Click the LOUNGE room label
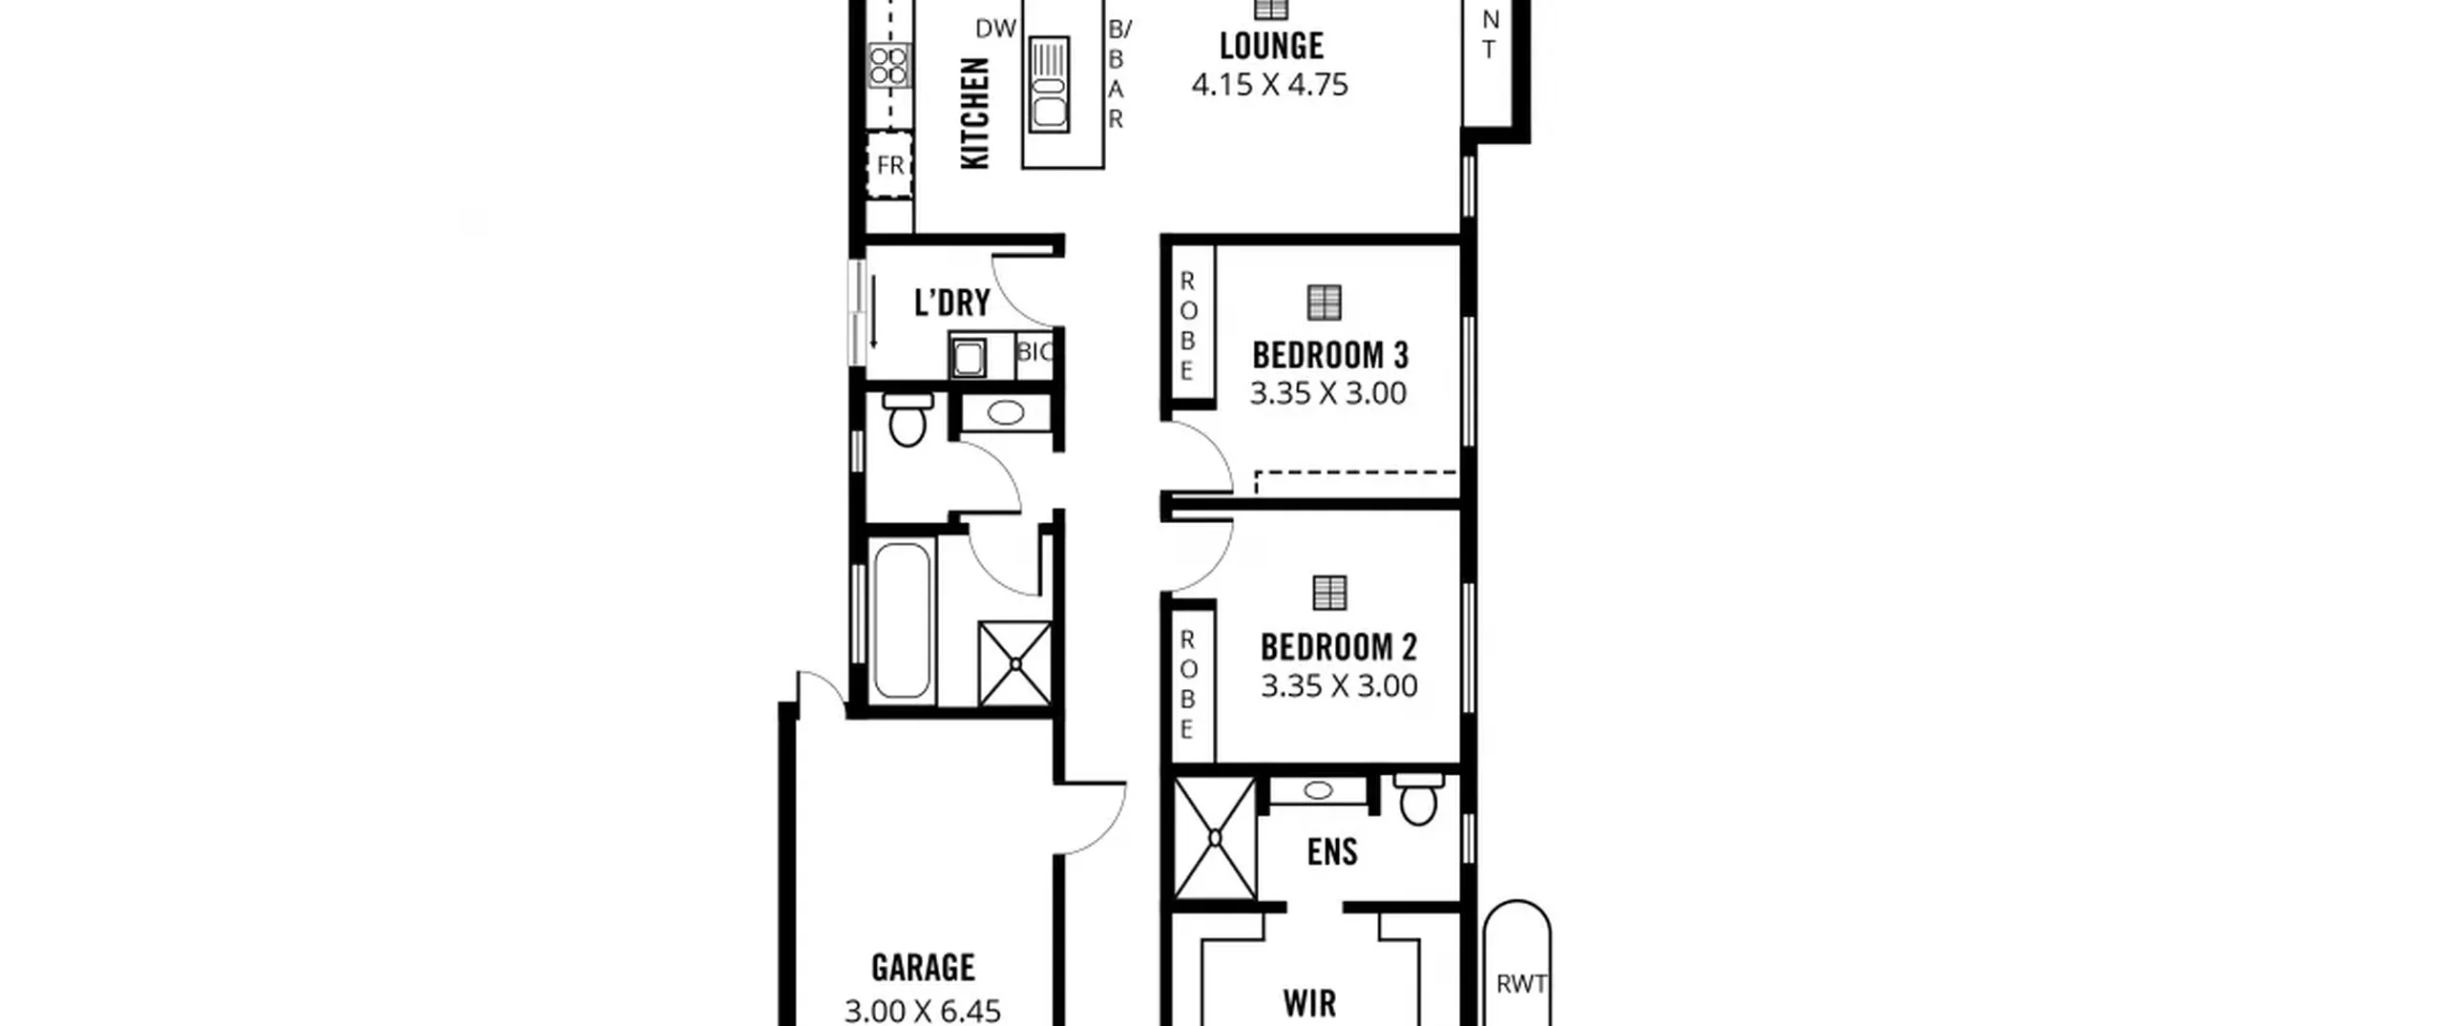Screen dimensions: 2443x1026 point(1271,46)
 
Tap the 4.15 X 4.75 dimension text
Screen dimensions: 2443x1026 point(1270,84)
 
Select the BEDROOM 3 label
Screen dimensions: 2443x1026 point(1330,355)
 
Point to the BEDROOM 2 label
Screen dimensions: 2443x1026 point(1339,647)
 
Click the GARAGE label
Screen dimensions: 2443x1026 point(923,968)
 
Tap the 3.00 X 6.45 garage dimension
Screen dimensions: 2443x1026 point(923,1011)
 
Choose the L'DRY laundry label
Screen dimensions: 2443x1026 point(952,303)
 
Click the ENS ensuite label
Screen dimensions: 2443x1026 point(1332,851)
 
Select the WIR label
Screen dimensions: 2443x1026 point(1309,1003)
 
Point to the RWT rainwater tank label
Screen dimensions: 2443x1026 point(1521,984)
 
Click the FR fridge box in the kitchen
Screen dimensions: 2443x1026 point(889,165)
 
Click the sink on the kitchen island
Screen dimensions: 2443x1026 point(1049,84)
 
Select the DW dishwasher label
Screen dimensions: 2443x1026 point(995,29)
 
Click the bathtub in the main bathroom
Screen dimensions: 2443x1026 point(902,620)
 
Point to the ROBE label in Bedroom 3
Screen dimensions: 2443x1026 point(1187,325)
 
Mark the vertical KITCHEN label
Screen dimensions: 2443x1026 point(974,114)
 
